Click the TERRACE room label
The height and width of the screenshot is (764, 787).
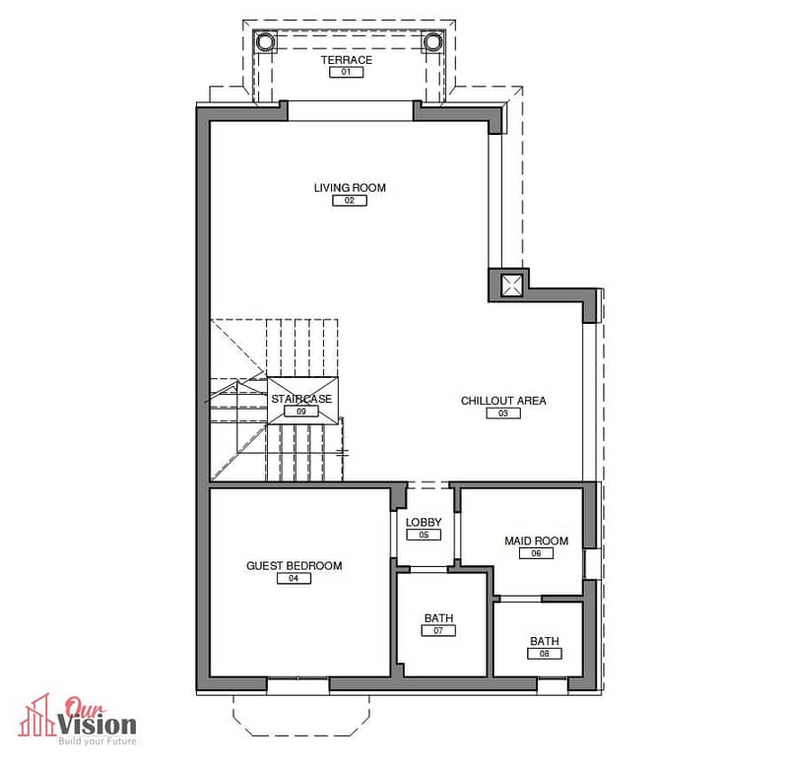pyautogui.click(x=347, y=60)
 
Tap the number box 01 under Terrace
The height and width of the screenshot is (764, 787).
pyautogui.click(x=347, y=72)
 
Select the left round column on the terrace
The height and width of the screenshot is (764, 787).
pyautogui.click(x=265, y=41)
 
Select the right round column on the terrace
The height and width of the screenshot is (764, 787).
pyautogui.click(x=432, y=41)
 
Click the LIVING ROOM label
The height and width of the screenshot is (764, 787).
pyautogui.click(x=350, y=188)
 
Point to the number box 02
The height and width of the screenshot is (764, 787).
pyautogui.click(x=350, y=200)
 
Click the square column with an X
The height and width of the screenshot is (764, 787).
pyautogui.click(x=511, y=286)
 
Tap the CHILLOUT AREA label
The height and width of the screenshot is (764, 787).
pyautogui.click(x=503, y=401)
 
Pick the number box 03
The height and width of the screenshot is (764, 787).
pyautogui.click(x=503, y=413)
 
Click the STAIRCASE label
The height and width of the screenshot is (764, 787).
pyautogui.click(x=301, y=399)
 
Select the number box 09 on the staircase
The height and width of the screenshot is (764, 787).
pyautogui.click(x=301, y=412)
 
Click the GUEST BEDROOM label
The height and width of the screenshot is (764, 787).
pyautogui.click(x=295, y=565)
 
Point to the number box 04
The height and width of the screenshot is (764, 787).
pyautogui.click(x=294, y=578)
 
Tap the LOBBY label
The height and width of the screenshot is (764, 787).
pyautogui.click(x=424, y=522)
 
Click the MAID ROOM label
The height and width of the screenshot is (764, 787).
pyautogui.click(x=537, y=541)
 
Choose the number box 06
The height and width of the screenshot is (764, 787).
pyautogui.click(x=536, y=553)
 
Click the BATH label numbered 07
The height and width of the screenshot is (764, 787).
pyautogui.click(x=438, y=618)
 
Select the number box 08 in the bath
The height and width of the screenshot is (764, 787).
pyautogui.click(x=545, y=654)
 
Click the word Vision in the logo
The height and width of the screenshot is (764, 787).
pyautogui.click(x=97, y=725)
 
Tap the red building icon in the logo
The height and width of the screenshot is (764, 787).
pyautogui.click(x=36, y=717)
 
